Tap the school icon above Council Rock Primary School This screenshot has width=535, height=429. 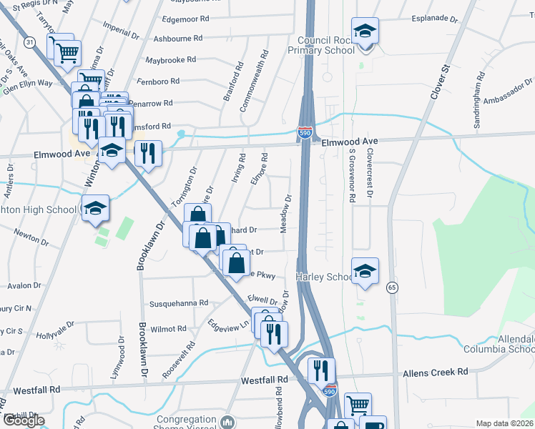pyautogui.click(x=365, y=31)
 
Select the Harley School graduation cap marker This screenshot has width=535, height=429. pyautogui.click(x=365, y=271)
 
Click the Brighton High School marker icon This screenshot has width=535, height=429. pyautogui.click(x=95, y=209)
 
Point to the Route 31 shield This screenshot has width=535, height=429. pyautogui.click(x=29, y=43)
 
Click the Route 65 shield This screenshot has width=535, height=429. pyautogui.click(x=391, y=287)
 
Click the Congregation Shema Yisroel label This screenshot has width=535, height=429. pyautogui.click(x=186, y=423)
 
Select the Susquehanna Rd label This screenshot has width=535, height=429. pyautogui.click(x=178, y=303)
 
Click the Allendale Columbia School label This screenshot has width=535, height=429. pyautogui.click(x=509, y=342)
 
